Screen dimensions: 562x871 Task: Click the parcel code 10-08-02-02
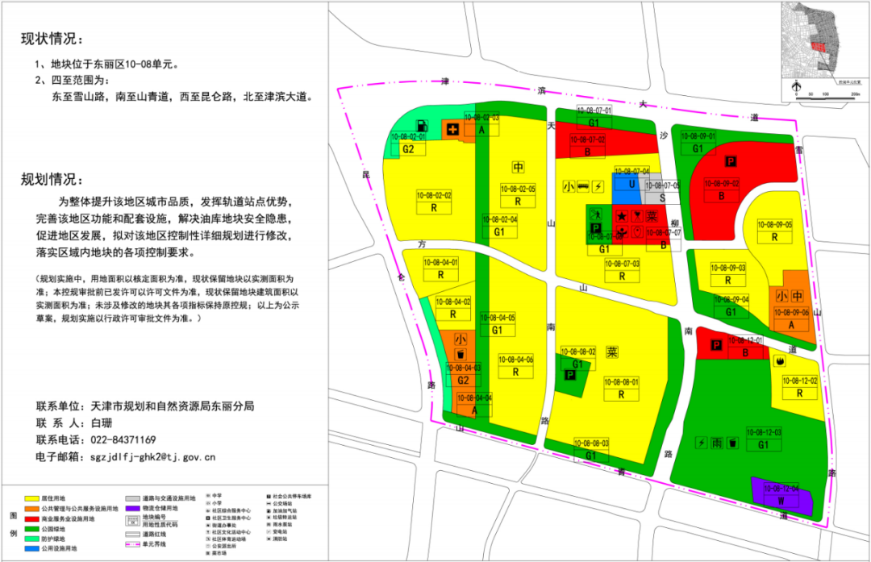click(434, 195)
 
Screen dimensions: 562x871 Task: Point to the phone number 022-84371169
click(125, 440)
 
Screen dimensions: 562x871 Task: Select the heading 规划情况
click(52, 180)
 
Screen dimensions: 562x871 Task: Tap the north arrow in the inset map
click(797, 85)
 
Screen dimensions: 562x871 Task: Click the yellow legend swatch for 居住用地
click(35, 499)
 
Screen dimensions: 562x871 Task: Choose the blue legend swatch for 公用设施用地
click(35, 548)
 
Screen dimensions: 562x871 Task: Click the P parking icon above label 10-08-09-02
click(731, 161)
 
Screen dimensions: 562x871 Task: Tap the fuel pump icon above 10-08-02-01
click(421, 126)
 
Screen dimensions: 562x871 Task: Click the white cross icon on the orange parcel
click(453, 129)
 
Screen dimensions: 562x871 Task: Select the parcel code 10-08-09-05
click(775, 225)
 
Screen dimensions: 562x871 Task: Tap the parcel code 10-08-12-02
click(800, 381)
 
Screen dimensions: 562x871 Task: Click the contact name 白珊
click(102, 423)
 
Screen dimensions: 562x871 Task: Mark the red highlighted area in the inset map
click(819, 47)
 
